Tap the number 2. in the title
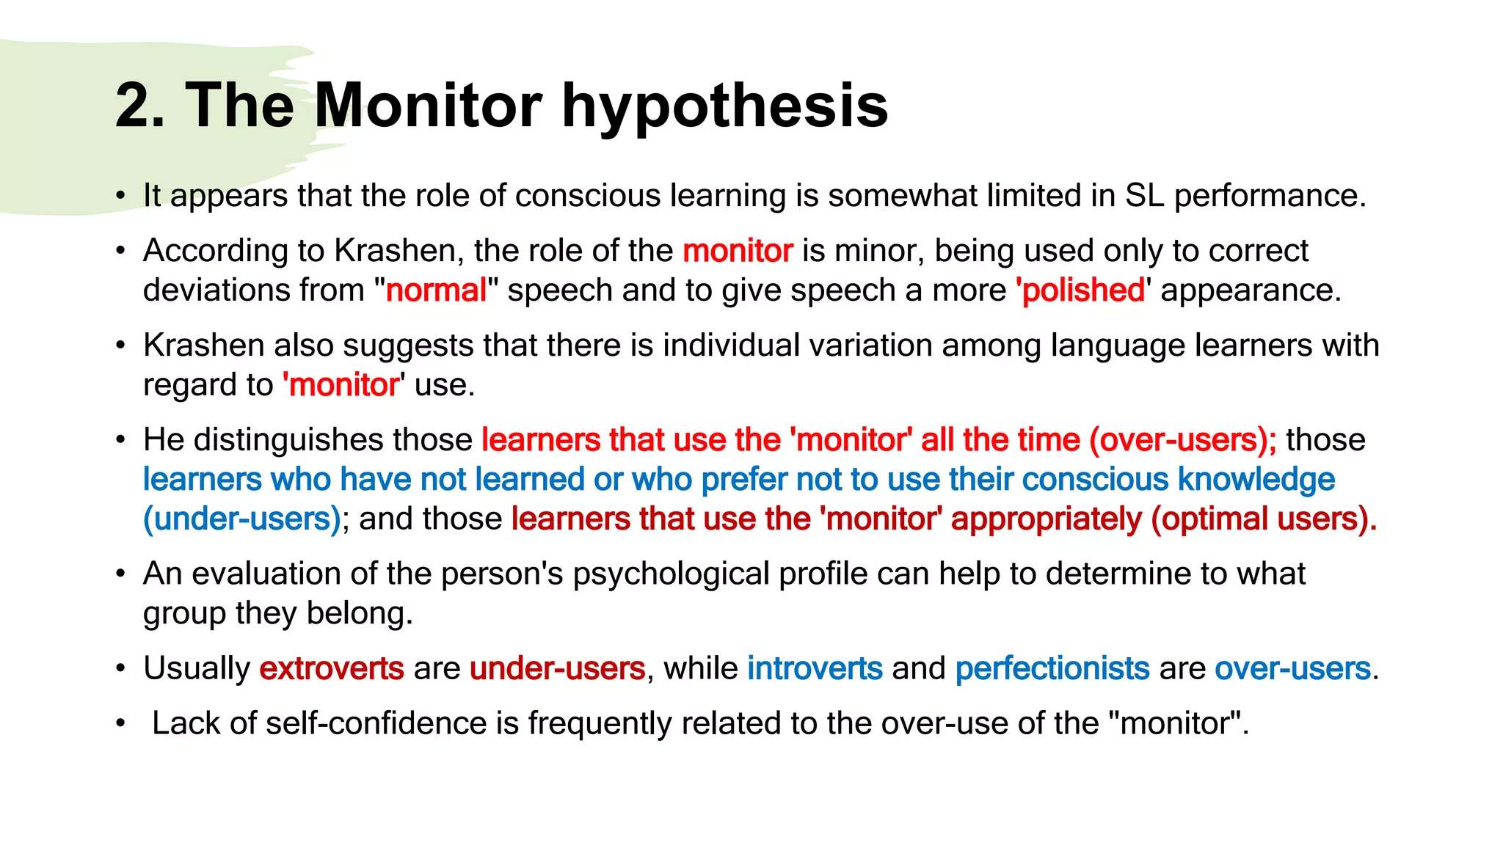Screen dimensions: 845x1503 [x=139, y=106]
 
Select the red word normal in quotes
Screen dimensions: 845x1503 [x=436, y=290]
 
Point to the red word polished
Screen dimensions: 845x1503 [x=1082, y=290]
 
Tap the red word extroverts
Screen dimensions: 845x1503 [x=332, y=668]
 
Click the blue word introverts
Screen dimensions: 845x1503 [x=815, y=668]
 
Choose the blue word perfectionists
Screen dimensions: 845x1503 [x=1052, y=668]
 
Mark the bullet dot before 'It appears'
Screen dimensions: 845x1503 [x=120, y=197]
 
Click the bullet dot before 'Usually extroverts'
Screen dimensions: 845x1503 [x=120, y=669]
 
